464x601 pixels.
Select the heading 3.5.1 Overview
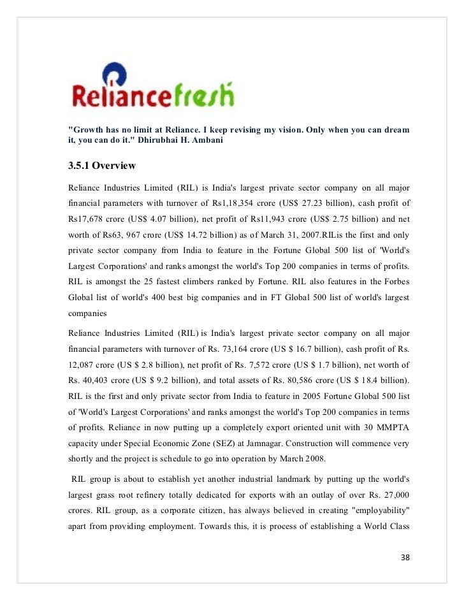point(102,166)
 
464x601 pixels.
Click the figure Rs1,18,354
point(234,203)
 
